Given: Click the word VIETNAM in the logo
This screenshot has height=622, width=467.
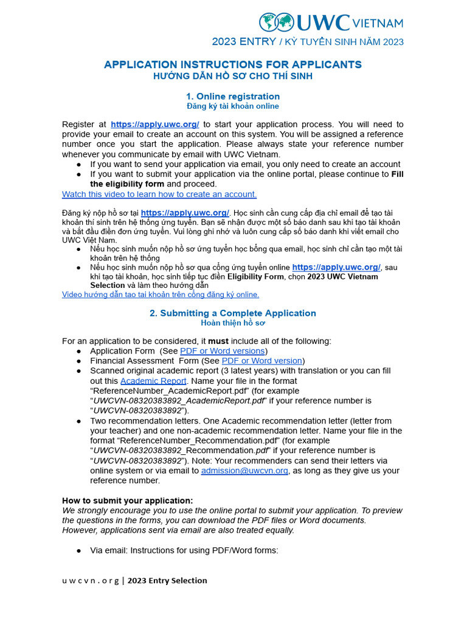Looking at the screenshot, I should (x=377, y=23).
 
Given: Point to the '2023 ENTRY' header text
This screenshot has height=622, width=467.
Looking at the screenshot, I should (x=243, y=42).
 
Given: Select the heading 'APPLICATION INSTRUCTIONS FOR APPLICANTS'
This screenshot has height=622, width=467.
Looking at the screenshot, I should (x=233, y=64).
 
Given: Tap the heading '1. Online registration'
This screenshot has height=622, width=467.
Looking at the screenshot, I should (x=233, y=96).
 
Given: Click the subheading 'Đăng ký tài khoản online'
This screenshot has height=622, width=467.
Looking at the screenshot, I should (x=233, y=106).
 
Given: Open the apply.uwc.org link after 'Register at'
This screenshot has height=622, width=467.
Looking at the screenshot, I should (x=155, y=124).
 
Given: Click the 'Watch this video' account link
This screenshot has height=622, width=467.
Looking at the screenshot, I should (x=159, y=194).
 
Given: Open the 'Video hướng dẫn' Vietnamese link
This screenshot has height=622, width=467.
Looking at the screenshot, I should (x=161, y=295).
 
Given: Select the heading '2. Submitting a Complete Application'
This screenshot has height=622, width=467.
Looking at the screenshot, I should (x=233, y=313).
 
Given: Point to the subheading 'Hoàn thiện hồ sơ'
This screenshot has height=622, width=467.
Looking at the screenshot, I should (x=233, y=323).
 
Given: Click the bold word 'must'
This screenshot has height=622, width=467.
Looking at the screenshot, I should (x=218, y=341).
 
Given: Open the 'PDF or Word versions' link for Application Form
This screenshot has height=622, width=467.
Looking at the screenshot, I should (x=223, y=351).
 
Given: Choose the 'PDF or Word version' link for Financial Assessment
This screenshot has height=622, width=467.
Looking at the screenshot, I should (x=262, y=361).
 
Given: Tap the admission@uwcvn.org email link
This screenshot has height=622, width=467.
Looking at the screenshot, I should (x=244, y=471).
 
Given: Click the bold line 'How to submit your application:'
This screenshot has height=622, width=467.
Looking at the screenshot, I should (x=128, y=501).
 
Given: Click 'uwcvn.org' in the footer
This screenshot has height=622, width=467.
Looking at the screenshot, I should (x=90, y=581).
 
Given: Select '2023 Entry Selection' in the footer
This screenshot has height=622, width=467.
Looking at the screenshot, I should (x=167, y=581).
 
